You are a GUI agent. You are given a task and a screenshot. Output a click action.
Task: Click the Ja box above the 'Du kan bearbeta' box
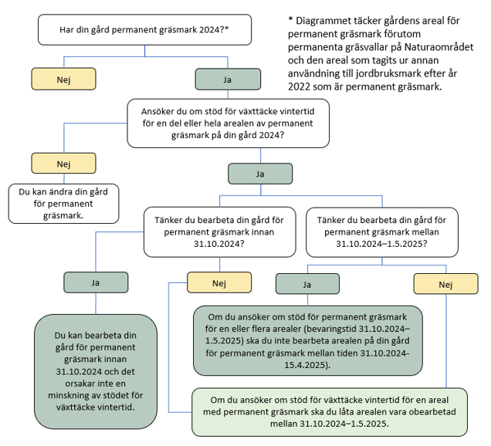click(96, 282)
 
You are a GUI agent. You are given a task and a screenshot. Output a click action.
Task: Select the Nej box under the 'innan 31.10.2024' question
click(218, 282)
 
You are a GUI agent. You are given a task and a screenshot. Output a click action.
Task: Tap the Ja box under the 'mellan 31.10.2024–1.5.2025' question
click(306, 284)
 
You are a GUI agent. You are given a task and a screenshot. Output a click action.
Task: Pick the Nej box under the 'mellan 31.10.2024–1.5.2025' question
click(445, 284)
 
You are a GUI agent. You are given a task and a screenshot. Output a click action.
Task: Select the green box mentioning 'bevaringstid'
click(308, 340)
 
